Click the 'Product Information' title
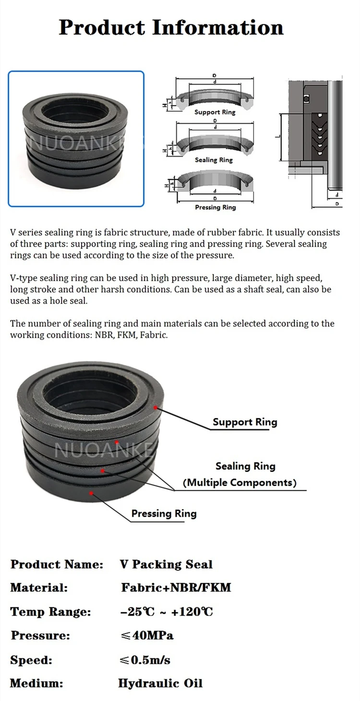click(171, 27)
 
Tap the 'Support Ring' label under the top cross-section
click(215, 112)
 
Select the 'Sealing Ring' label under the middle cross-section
click(214, 160)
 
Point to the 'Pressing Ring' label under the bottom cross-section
click(216, 207)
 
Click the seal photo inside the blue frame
click(76, 139)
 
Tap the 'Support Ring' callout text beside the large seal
click(245, 422)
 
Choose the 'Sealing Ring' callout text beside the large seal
click(245, 466)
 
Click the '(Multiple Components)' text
click(240, 482)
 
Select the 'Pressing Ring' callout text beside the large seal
click(164, 513)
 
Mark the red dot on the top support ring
click(155, 407)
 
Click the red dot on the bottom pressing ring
click(91, 492)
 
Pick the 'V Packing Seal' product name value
click(166, 564)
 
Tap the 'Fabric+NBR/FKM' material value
click(176, 587)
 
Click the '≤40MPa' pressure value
click(147, 636)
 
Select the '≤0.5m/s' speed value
click(145, 660)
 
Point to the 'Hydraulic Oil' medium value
click(160, 683)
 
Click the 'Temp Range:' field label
click(50, 612)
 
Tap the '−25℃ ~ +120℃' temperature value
click(167, 612)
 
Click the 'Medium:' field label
click(36, 683)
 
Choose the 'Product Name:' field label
click(57, 564)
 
